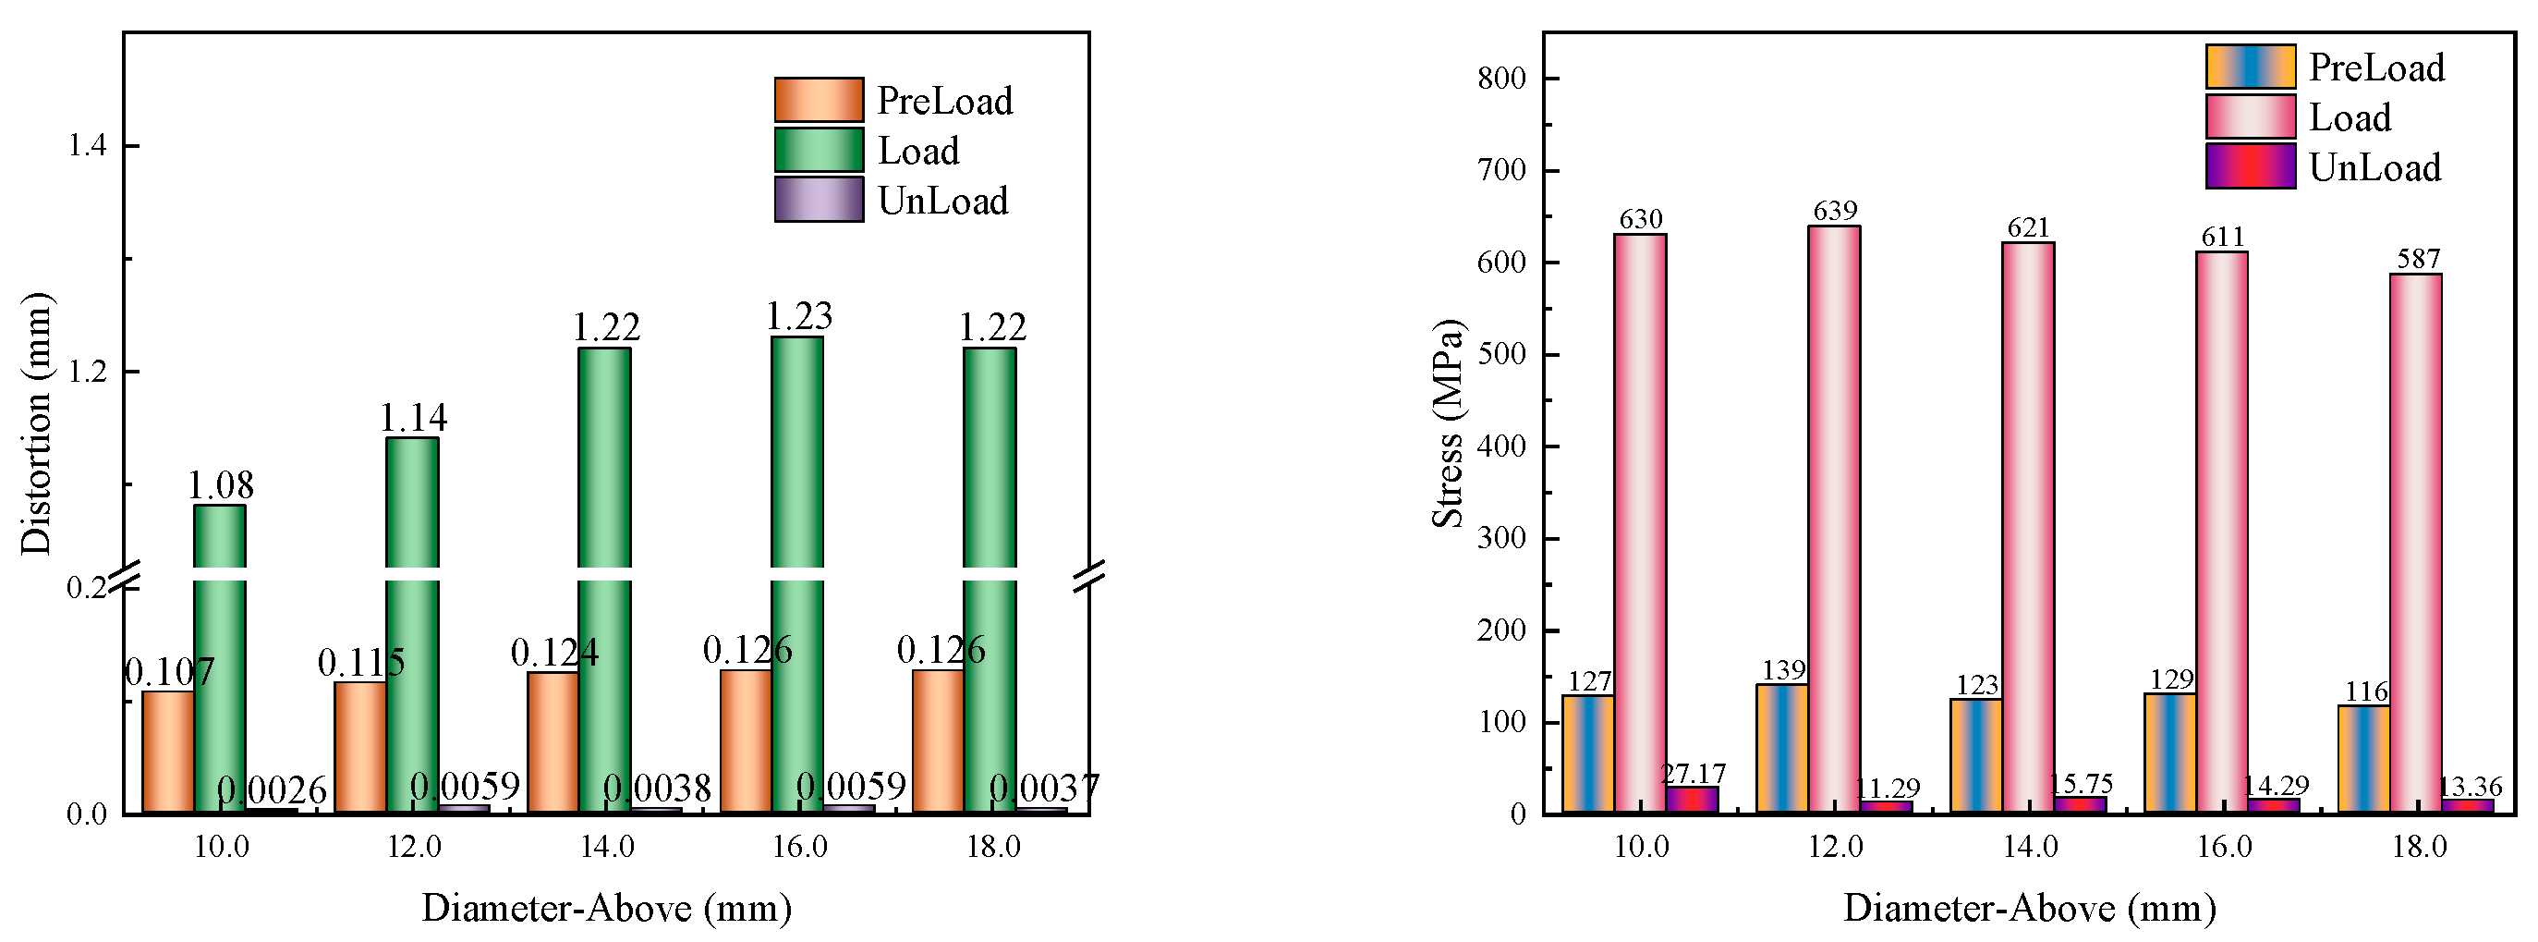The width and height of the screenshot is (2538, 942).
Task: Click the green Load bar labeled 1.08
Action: (x=219, y=660)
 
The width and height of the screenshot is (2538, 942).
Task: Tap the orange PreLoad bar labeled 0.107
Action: (x=167, y=752)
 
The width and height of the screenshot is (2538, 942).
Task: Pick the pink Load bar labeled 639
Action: (x=1834, y=520)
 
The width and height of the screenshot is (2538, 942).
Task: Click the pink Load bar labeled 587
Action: (x=2416, y=544)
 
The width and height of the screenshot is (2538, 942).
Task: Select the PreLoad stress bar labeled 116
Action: (x=2363, y=759)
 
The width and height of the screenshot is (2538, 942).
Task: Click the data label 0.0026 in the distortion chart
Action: (x=271, y=790)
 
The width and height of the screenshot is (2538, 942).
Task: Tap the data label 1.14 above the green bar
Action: (x=414, y=418)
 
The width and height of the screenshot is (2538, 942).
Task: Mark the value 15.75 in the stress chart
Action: (x=2080, y=783)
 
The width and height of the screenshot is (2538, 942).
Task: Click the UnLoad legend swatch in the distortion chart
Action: (x=819, y=200)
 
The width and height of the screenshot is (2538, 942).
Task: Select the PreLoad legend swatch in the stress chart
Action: (x=2251, y=67)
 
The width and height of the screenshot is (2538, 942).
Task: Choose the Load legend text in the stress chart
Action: (x=2350, y=117)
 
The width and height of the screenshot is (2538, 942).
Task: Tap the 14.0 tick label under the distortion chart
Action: (x=606, y=848)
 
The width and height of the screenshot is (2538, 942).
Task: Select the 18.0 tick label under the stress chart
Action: (x=2419, y=848)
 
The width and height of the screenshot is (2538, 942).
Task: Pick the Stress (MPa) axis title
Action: (x=1448, y=423)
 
